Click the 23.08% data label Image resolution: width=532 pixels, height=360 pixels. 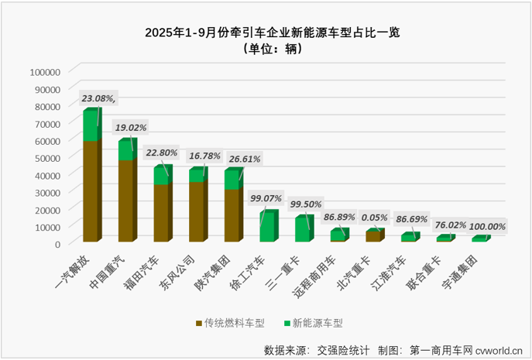[x=99, y=99]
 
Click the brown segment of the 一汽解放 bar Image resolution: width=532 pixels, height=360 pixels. [x=91, y=192]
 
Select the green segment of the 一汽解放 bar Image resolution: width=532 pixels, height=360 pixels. [x=91, y=126]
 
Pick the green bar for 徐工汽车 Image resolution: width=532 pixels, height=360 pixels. [x=267, y=227]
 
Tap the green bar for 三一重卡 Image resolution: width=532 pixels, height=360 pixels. [x=302, y=230]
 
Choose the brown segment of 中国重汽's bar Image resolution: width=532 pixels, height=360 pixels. [x=126, y=201]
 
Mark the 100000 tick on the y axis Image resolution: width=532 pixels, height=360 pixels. [x=45, y=71]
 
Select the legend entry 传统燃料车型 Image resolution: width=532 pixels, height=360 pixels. [x=230, y=322]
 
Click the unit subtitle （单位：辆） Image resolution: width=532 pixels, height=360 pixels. [x=266, y=49]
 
